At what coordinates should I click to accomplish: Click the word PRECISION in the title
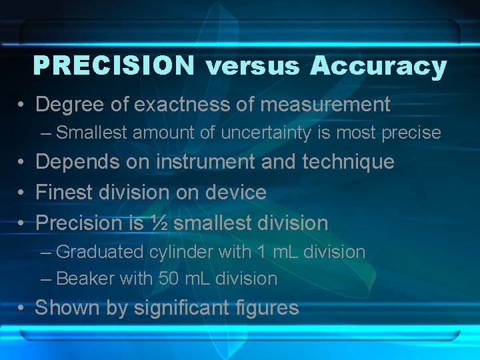pos(113,66)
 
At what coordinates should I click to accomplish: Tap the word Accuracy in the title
pos(378,67)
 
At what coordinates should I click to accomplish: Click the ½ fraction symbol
pos(157,223)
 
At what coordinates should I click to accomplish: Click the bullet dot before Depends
pos(22,163)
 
